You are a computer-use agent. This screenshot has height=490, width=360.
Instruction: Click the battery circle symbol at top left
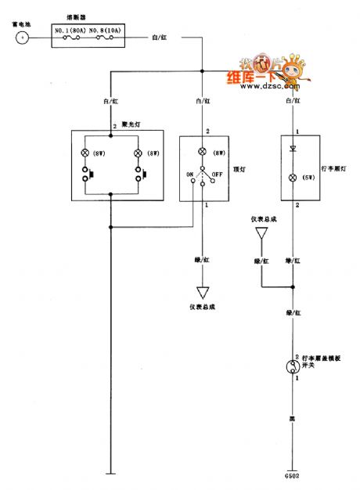23,36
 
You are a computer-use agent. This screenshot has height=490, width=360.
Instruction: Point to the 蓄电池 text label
21,23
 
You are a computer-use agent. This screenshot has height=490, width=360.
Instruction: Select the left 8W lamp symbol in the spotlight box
85,153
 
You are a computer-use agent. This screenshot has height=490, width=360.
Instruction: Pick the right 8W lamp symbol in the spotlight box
139,153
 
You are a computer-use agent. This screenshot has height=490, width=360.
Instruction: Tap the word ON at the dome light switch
188,174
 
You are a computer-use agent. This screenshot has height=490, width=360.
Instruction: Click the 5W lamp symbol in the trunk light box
294,176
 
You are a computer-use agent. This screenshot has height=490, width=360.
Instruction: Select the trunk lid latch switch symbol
294,366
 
